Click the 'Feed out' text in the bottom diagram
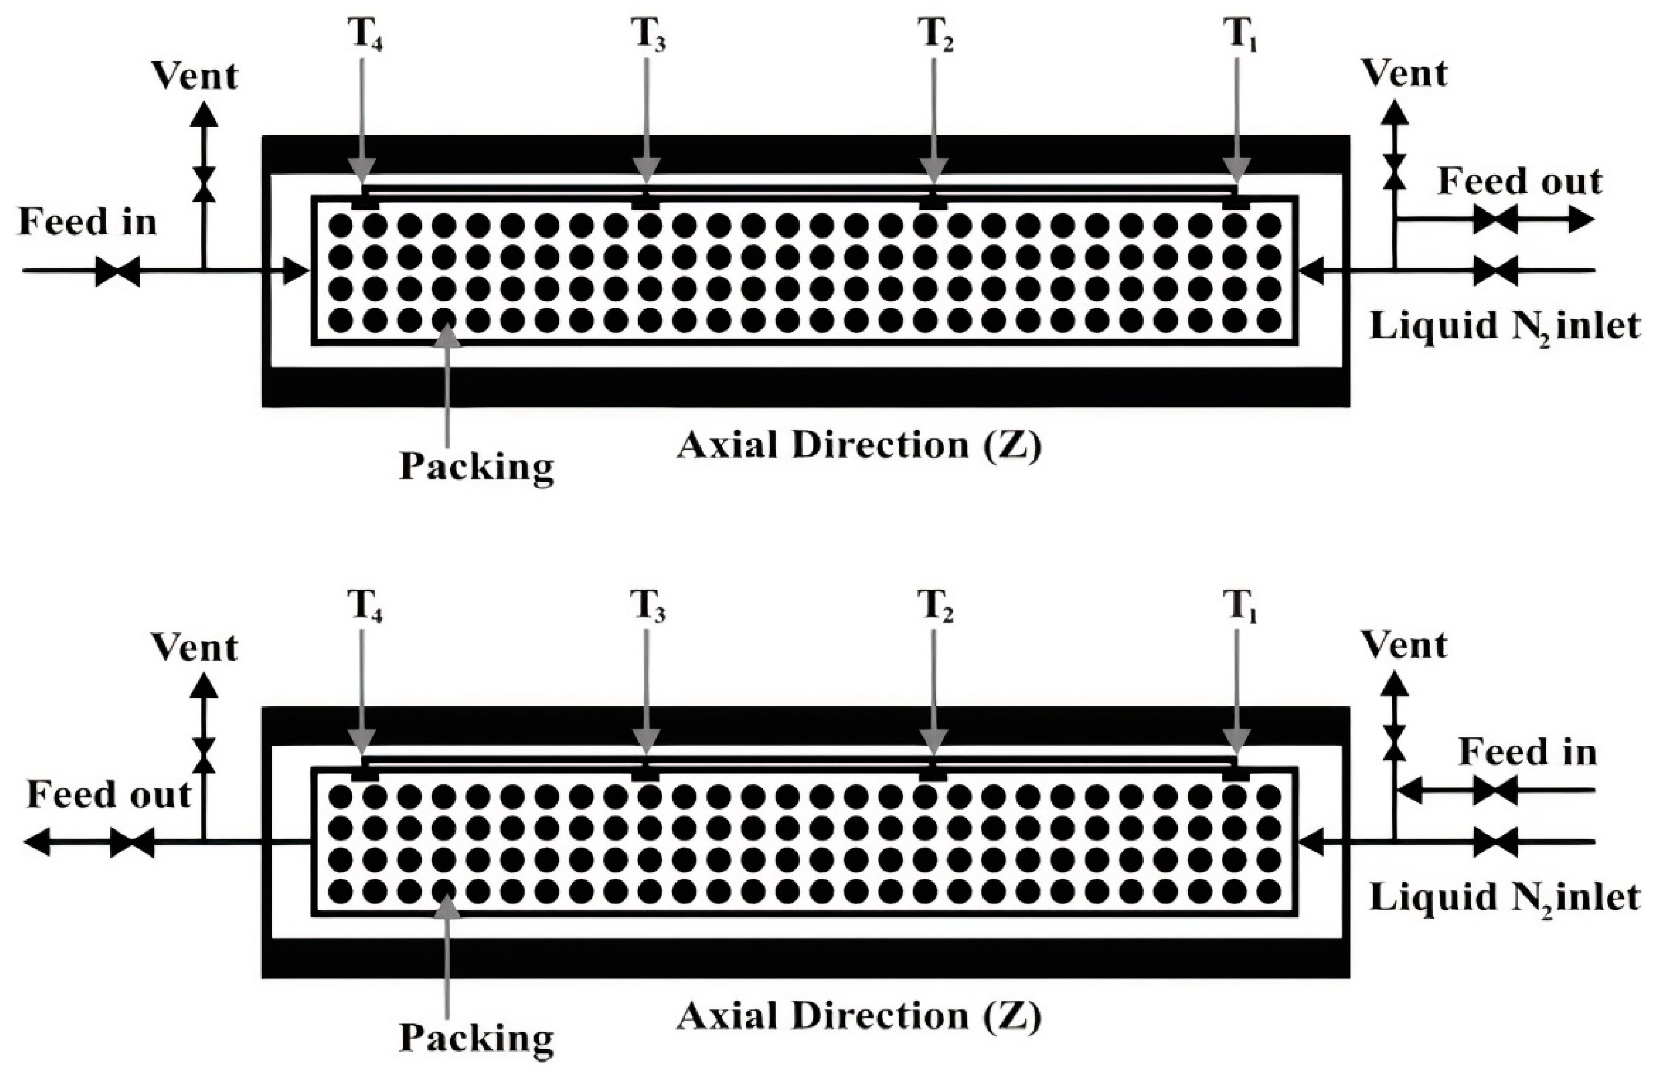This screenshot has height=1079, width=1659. click(109, 795)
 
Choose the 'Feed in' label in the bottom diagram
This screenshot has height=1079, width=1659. click(1527, 752)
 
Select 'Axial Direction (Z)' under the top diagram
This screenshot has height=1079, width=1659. click(859, 445)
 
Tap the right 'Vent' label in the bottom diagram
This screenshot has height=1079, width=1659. click(1405, 645)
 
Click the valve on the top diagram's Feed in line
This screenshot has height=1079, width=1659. click(117, 271)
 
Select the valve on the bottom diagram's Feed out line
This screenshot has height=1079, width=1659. click(132, 843)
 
